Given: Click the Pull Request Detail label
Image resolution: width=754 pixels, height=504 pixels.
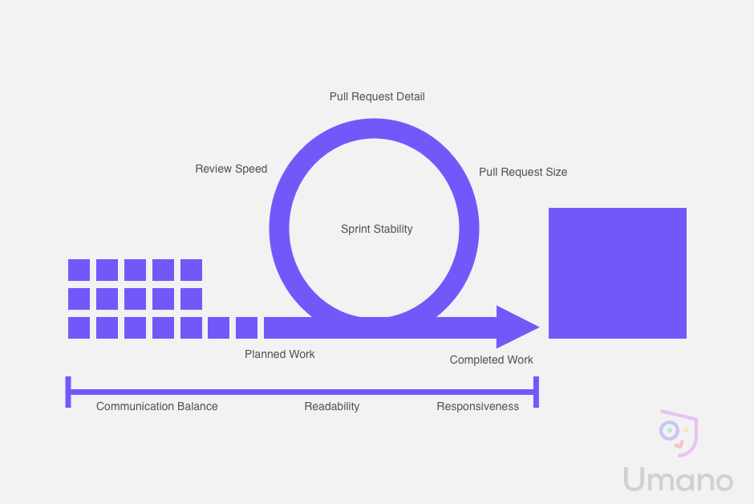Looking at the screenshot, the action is [377, 96].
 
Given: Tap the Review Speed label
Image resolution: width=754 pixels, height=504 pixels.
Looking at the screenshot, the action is [231, 169].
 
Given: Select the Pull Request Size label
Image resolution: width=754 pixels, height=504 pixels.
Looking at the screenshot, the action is [523, 173].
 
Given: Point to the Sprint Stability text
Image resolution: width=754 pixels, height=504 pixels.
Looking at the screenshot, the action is [376, 229].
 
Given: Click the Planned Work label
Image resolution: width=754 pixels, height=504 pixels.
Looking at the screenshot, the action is [279, 354].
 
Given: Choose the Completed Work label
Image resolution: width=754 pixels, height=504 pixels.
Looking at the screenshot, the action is [492, 360].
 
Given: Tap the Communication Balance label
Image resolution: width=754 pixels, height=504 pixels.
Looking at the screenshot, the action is [156, 406].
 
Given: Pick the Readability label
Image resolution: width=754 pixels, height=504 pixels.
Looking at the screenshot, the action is [332, 406].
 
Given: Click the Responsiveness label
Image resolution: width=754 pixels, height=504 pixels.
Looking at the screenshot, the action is [477, 406].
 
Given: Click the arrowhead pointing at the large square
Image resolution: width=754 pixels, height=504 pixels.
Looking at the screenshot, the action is [517, 327].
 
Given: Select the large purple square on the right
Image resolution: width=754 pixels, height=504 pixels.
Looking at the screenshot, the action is [618, 273].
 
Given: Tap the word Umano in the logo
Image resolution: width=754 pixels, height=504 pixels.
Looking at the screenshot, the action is [678, 479].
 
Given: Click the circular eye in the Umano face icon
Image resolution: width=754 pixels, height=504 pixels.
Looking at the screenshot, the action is [669, 430].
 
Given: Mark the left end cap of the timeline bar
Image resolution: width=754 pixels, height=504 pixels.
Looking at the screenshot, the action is [68, 392].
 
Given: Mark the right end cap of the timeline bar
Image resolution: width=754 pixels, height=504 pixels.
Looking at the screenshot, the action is [536, 392].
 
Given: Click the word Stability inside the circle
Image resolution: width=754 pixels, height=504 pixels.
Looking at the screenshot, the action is [392, 229].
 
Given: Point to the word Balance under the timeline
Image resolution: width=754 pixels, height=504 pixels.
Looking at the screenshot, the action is [197, 406].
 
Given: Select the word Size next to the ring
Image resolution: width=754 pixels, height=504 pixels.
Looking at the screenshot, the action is [557, 173].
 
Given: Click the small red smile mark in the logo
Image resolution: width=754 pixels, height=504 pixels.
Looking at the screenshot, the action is [679, 445].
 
